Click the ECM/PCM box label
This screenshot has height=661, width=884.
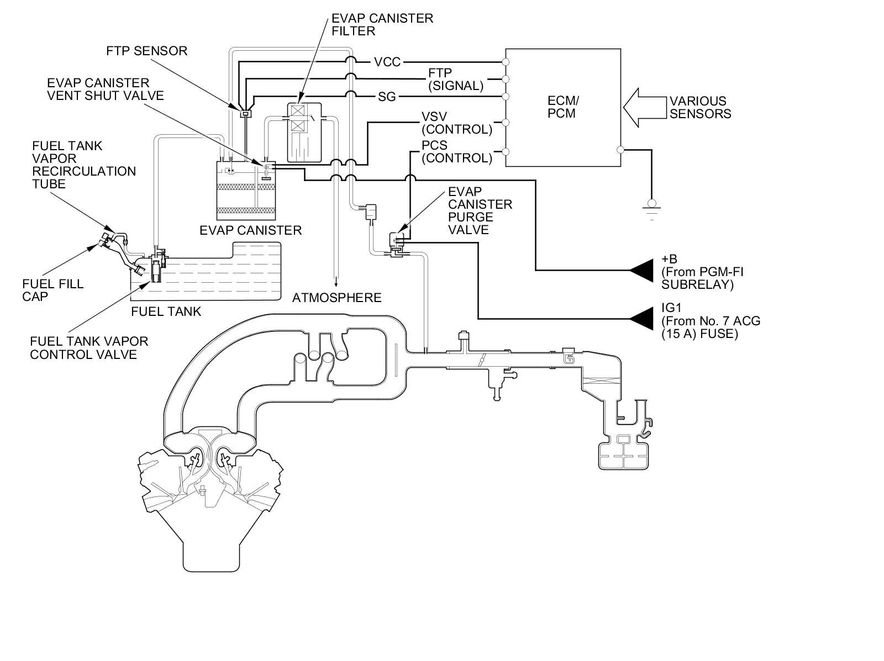(x=563, y=107)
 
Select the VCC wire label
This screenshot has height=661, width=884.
(x=387, y=62)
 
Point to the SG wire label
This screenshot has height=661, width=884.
(x=387, y=97)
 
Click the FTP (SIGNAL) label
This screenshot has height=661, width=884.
(x=455, y=80)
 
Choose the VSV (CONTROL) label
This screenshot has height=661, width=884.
(x=456, y=123)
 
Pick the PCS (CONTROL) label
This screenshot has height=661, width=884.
(x=456, y=152)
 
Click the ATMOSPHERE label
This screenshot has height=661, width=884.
(x=336, y=298)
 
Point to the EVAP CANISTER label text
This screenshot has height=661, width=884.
(x=250, y=230)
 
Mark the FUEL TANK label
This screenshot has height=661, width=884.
(x=166, y=311)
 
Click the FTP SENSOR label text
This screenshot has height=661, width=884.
(x=146, y=51)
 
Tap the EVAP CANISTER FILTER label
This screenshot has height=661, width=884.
(x=382, y=24)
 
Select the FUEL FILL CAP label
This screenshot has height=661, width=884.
(x=53, y=290)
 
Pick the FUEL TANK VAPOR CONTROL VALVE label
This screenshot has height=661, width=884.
(x=89, y=348)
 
